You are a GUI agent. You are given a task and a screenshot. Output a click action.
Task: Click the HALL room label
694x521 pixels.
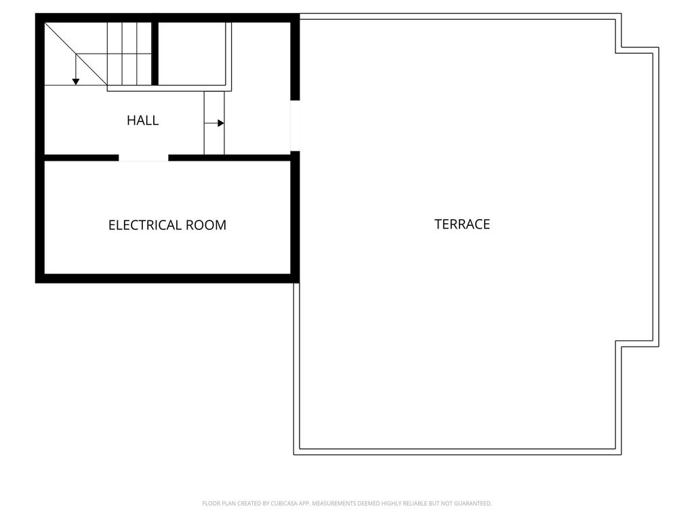142,120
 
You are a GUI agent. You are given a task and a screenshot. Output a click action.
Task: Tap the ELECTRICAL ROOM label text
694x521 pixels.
167,225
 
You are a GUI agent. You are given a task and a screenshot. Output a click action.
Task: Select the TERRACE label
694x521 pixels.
462,224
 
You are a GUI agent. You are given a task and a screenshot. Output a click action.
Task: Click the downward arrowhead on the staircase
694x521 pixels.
76,81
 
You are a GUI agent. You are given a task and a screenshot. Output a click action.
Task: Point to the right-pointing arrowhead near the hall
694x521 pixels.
221,123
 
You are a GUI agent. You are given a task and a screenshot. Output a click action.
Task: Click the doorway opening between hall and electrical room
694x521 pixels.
144,157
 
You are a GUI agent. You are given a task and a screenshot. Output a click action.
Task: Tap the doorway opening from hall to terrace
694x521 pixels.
295,126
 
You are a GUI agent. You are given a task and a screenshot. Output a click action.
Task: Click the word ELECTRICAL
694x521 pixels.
145,225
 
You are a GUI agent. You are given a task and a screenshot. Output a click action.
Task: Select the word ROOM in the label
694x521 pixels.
206,225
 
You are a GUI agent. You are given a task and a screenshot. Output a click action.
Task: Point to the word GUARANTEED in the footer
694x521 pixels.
474,503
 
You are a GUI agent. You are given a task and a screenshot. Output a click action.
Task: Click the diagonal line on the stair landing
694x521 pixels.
76,54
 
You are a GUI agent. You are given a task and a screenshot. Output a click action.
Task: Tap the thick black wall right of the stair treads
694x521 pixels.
155,54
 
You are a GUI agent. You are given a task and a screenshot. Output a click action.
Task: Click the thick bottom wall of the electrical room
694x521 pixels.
167,278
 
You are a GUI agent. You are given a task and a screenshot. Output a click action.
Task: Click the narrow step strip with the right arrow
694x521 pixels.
214,123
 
